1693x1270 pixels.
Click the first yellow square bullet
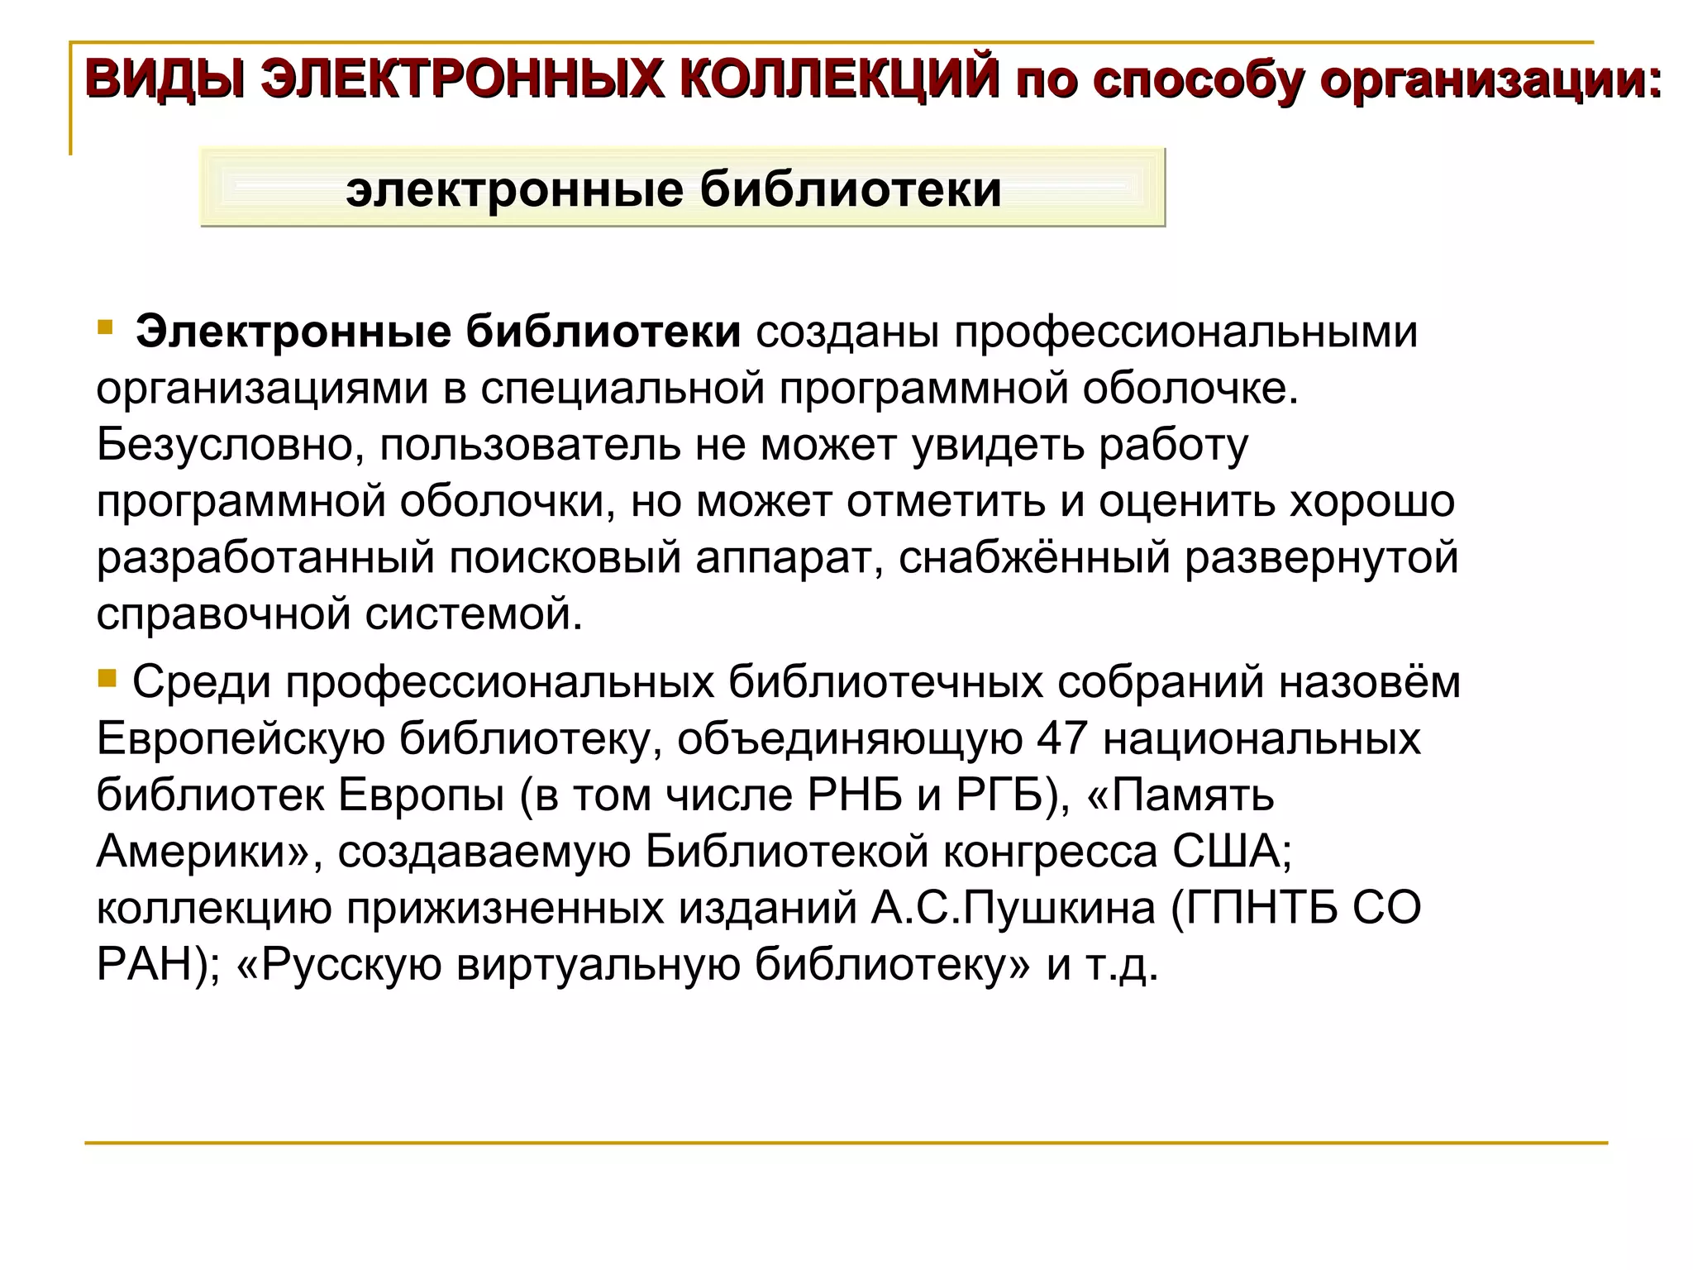click(x=104, y=327)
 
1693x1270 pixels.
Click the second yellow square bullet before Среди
click(x=107, y=679)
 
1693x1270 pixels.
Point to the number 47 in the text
click(x=1061, y=738)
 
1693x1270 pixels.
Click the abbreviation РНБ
click(x=855, y=795)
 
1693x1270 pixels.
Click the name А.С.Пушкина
click(x=1013, y=907)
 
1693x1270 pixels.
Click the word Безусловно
click(x=231, y=445)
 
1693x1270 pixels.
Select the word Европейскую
click(x=241, y=738)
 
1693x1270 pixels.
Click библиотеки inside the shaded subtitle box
click(x=851, y=189)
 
